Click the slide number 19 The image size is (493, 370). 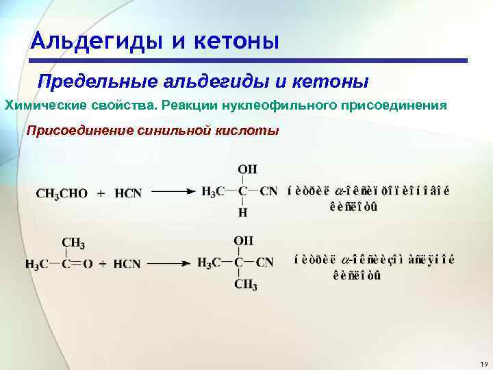pyautogui.click(x=483, y=362)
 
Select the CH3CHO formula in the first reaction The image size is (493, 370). pyautogui.click(x=62, y=194)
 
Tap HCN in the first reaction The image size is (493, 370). pyautogui.click(x=128, y=194)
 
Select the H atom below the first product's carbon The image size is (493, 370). pyautogui.click(x=242, y=213)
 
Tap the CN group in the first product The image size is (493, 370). pyautogui.click(x=269, y=192)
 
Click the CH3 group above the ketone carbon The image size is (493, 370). pyautogui.click(x=73, y=243)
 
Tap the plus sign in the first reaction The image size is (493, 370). pyautogui.click(x=101, y=194)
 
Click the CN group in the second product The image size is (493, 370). pyautogui.click(x=264, y=262)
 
